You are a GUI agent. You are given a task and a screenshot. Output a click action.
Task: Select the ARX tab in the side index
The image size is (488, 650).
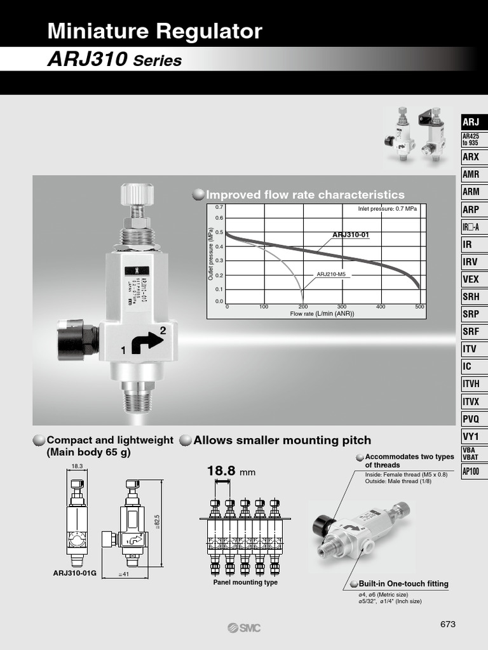[x=471, y=157]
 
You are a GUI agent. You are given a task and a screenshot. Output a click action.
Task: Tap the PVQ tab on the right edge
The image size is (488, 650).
[x=471, y=419]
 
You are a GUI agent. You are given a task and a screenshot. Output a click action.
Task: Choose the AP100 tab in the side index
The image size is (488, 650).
[x=471, y=472]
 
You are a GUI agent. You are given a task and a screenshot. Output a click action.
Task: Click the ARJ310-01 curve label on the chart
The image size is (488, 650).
[x=351, y=235]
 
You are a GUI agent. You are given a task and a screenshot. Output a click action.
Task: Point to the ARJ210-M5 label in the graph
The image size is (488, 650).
[x=334, y=274]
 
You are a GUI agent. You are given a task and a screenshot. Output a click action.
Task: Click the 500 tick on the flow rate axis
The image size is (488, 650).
[x=419, y=307]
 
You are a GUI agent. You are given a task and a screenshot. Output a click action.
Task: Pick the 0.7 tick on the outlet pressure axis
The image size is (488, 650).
[x=219, y=208]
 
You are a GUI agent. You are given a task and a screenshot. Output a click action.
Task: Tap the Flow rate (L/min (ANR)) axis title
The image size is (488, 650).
[x=322, y=314]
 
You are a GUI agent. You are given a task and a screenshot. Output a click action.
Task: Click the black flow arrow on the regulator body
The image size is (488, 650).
[x=146, y=343]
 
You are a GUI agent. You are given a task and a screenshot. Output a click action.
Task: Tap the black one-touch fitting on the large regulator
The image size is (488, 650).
[x=77, y=339]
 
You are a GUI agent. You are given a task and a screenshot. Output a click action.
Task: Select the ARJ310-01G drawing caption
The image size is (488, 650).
[x=75, y=573]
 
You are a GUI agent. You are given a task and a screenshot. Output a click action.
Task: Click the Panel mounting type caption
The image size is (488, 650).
[x=245, y=582]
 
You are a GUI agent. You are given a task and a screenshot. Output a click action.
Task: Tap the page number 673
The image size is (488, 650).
[x=448, y=624]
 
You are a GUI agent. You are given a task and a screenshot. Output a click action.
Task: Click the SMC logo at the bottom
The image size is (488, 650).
[x=244, y=628]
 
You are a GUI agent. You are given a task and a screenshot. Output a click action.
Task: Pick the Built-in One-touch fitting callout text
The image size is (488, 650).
[x=403, y=584]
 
